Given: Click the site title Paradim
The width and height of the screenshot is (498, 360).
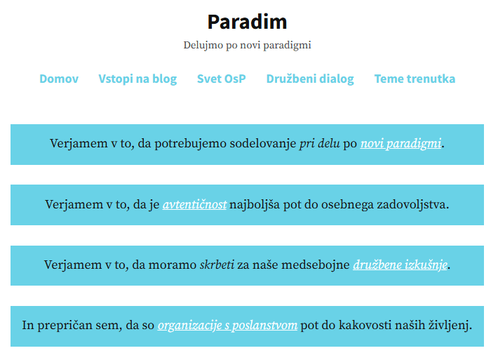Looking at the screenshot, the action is click(247, 22).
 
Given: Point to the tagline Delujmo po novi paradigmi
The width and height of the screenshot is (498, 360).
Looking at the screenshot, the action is click(247, 45).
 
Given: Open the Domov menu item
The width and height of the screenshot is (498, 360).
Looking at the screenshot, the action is click(59, 79).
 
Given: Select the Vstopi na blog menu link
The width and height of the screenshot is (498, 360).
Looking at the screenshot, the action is click(137, 79).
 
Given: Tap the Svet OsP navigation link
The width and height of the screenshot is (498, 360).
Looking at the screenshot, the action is click(222, 79).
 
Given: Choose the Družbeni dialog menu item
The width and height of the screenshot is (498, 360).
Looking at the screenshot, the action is click(310, 79).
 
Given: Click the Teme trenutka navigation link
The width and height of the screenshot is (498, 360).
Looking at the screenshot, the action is click(415, 79).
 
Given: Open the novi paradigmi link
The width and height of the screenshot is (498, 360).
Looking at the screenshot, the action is click(401, 144).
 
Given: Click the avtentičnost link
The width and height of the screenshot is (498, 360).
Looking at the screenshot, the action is click(195, 204).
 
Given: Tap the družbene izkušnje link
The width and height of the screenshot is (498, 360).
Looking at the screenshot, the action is click(401, 265).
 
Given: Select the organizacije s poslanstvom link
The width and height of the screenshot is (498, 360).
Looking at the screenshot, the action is click(227, 325).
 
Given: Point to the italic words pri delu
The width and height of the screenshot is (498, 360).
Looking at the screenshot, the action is click(320, 144).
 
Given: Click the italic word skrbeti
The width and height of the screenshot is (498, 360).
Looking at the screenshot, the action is click(217, 265).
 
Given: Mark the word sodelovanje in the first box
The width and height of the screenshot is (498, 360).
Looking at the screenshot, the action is click(263, 144).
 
